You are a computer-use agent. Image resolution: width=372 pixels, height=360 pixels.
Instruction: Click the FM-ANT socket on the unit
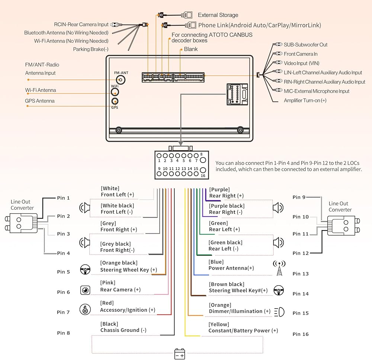[x=121, y=79]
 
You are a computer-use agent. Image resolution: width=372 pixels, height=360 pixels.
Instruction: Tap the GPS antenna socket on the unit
[x=115, y=101]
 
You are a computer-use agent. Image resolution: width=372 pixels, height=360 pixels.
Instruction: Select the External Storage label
[x=218, y=15]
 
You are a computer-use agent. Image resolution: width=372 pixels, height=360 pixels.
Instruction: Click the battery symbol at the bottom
[x=180, y=354]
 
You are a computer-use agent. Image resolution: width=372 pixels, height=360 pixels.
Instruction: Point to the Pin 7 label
[x=63, y=312]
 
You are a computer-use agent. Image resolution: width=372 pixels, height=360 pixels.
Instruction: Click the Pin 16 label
[x=301, y=334]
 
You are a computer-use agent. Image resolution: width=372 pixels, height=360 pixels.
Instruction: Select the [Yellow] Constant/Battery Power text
[x=243, y=328]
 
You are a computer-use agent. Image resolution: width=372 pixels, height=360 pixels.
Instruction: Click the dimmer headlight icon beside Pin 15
[x=279, y=311]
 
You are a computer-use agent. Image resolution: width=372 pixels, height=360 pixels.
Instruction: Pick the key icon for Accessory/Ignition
[x=85, y=309]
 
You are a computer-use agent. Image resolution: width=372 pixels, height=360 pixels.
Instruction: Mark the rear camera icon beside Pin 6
[x=85, y=290]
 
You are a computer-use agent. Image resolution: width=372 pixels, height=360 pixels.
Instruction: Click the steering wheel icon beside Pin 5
[x=85, y=269]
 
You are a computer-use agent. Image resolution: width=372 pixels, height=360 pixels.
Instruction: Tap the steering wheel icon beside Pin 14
[x=279, y=290]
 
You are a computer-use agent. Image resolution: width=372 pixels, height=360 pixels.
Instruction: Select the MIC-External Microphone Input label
[x=317, y=91]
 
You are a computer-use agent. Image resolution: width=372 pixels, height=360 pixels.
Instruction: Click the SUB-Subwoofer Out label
[x=305, y=45]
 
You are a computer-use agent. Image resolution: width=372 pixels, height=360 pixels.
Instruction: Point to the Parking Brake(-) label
[x=91, y=49]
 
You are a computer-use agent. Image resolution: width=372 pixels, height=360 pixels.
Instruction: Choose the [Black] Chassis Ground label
[x=123, y=327]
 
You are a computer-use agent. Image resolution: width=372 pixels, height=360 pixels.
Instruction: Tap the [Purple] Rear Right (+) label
[x=226, y=193]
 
